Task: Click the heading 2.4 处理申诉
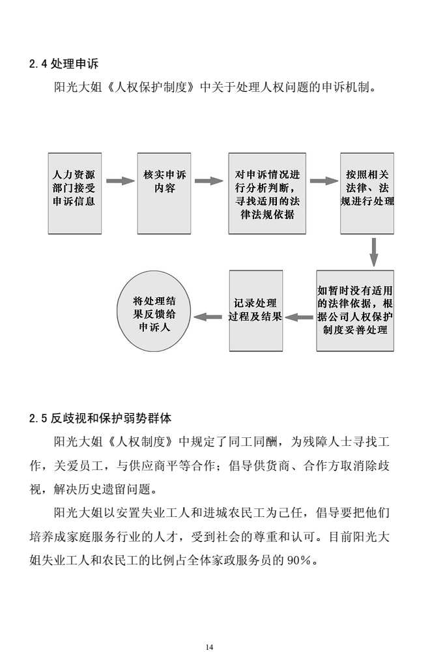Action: click(64, 64)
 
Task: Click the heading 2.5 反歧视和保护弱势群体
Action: click(100, 418)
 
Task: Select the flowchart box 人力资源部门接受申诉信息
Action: click(75, 194)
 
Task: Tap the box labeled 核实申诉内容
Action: click(164, 194)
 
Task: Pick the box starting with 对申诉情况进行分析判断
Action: click(267, 194)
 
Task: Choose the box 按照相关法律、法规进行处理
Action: click(367, 194)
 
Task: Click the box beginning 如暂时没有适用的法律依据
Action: click(355, 311)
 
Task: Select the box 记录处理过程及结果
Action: click(256, 311)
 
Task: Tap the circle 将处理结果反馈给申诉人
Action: click(154, 311)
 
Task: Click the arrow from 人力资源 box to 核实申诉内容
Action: click(120, 181)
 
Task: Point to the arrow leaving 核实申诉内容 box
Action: click(208, 181)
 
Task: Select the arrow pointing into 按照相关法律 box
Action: click(324, 181)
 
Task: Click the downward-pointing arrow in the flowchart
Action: click(373, 252)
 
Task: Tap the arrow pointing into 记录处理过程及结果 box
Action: click(299, 317)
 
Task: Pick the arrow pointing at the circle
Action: click(208, 317)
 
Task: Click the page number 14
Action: click(209, 647)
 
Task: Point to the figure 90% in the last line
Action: click(298, 560)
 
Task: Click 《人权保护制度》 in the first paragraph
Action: click(151, 87)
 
